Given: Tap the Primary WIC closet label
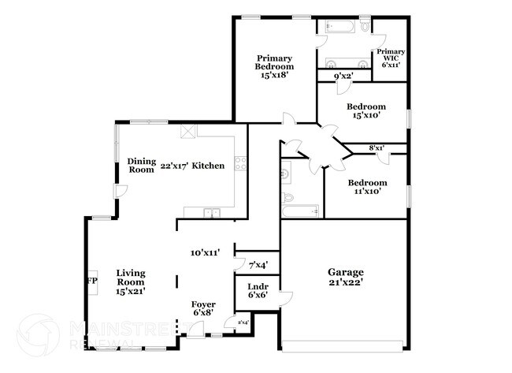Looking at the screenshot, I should pos(390,58).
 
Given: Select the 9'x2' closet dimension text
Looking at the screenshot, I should pos(342,76).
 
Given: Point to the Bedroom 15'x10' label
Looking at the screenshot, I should pos(367,110).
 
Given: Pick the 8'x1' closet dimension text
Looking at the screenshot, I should pos(377,147).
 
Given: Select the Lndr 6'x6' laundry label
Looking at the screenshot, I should pos(258,290).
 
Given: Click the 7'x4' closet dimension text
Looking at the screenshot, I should pos(258,265).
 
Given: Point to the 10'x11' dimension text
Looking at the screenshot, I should pos(205,253).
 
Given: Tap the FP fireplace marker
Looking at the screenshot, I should pos(91,281).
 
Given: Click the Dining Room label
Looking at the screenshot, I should pos(142,166).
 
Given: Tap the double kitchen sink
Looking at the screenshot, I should pos(210,211).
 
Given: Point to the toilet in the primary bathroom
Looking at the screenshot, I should pos(365,26).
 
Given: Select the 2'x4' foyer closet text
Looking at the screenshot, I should pos(231,322).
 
